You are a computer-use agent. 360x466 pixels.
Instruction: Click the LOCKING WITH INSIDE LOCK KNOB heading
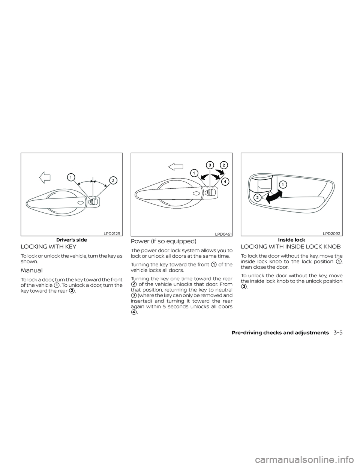coord(291,247)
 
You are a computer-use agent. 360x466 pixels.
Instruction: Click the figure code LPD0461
coord(223,234)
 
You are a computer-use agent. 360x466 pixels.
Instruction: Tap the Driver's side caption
coord(72,240)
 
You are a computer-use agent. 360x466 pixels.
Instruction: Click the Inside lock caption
coord(291,240)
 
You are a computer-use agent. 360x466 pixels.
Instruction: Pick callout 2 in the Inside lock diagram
coord(257,198)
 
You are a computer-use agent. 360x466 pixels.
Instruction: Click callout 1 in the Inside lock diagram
coord(282,184)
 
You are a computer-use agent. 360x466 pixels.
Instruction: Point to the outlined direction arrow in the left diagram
coord(45,177)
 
